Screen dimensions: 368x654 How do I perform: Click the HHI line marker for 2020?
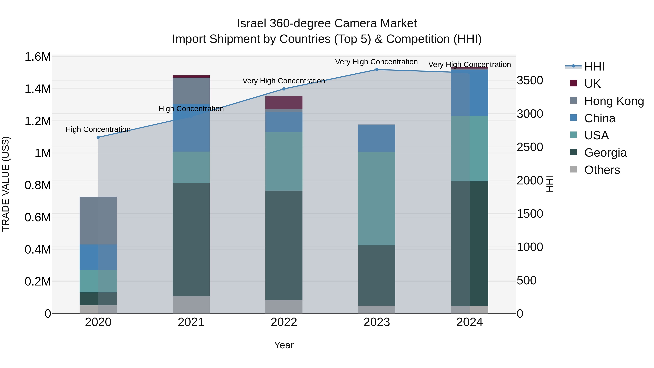98,137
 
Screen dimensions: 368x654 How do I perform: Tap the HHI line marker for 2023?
377,70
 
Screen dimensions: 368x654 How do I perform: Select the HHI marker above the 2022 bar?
284,89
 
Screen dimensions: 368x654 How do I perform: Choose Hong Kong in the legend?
614,101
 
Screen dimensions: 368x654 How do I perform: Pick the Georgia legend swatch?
574,152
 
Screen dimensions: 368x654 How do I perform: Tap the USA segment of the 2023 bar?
377,198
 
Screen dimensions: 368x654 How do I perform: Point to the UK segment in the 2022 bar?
284,103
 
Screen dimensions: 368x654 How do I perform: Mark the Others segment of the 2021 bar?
191,305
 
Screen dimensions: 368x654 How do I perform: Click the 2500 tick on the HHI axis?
530,147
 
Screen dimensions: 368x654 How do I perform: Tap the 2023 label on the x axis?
377,322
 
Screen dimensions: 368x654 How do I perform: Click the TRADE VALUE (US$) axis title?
6,184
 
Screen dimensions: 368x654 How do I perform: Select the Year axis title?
284,345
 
